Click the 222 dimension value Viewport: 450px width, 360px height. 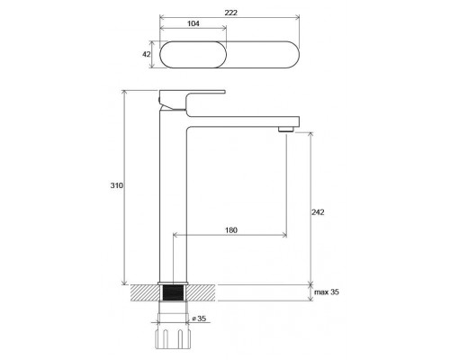tap(230, 13)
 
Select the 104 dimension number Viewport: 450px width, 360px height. tap(193, 23)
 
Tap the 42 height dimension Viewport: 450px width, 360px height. tap(147, 54)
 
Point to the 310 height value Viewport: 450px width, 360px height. tap(116, 185)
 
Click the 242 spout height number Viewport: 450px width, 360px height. tap(318, 212)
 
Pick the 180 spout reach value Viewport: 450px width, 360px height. tap(231, 230)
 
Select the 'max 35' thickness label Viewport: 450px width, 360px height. tap(327, 292)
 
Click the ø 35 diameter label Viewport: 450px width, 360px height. tap(199, 319)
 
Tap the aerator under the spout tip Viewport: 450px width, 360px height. tap(285, 130)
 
